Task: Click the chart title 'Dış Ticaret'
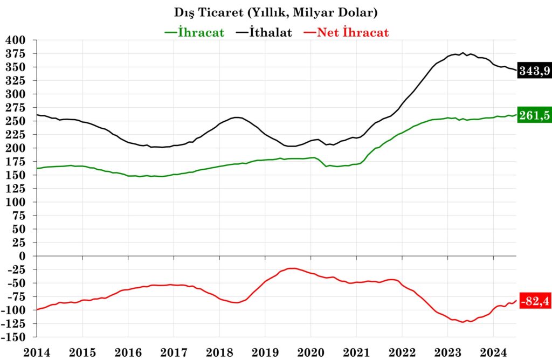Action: coord(276,11)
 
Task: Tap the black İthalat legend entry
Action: coord(264,32)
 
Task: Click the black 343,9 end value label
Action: coord(534,70)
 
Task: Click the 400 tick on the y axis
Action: coord(15,40)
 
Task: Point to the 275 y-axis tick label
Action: coord(15,108)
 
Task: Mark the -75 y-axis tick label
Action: coord(15,297)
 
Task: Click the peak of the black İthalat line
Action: coord(463,53)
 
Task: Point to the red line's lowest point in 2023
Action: coord(463,322)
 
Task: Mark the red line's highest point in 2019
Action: coord(292,268)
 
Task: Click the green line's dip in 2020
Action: coord(326,167)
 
